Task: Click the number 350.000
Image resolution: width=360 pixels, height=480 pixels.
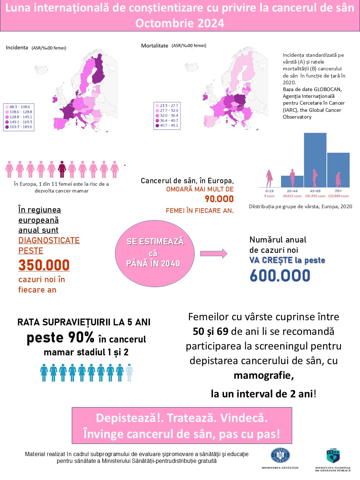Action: (x=44, y=265)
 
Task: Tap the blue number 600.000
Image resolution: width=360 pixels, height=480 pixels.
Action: (x=280, y=276)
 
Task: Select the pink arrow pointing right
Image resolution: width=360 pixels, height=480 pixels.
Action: (x=214, y=254)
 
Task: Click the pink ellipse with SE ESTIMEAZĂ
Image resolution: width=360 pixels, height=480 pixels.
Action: (x=155, y=253)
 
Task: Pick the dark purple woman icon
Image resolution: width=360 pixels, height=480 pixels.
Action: (x=62, y=169)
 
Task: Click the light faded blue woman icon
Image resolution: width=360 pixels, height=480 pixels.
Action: (x=129, y=373)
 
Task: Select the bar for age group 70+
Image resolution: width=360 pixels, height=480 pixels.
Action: (x=338, y=170)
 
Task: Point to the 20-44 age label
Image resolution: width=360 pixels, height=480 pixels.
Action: (x=292, y=191)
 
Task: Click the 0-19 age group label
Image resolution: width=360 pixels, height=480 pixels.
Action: (x=269, y=191)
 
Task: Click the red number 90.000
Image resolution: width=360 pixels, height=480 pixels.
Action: (x=219, y=199)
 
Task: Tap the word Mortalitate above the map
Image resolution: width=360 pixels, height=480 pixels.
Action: (x=155, y=46)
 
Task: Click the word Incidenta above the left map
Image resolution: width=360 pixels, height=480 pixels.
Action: (x=17, y=47)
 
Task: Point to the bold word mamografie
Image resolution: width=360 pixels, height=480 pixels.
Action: (x=264, y=375)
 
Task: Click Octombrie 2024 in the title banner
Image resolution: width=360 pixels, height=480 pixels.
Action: (x=180, y=23)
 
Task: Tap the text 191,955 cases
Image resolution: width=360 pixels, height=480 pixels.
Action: (x=315, y=196)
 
